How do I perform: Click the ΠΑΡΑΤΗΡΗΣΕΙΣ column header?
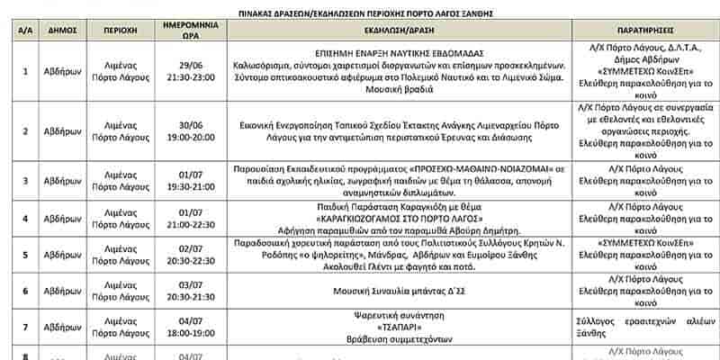643,29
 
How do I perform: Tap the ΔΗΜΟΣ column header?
68,29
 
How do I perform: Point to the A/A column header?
24,29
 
